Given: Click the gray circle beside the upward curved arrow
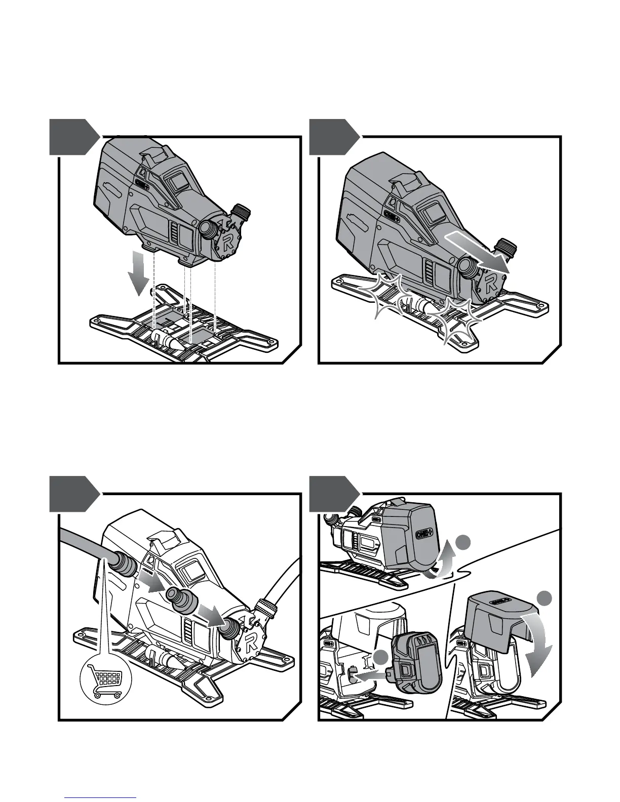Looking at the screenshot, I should tap(462, 543).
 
